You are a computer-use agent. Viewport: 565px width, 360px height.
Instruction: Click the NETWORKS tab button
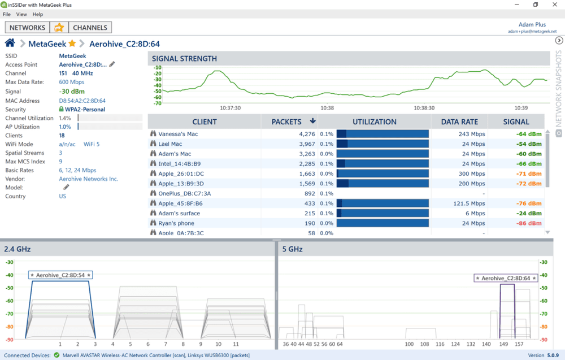coord(27,27)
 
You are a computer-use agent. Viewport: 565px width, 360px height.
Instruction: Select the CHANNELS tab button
coord(90,27)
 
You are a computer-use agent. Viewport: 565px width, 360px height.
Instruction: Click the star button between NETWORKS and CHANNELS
coord(59,27)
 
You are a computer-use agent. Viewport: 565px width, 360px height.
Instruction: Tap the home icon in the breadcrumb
coord(10,44)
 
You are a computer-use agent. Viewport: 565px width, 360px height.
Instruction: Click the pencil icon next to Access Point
coord(112,64)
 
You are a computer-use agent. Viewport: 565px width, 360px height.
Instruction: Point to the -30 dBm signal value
coord(72,92)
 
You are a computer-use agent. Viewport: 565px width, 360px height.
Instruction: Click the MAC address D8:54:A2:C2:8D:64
coord(82,101)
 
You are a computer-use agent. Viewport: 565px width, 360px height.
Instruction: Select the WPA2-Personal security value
coord(85,110)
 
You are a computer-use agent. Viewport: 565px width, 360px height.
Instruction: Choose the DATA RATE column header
coord(459,122)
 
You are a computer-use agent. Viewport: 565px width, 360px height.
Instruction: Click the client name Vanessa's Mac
coord(178,135)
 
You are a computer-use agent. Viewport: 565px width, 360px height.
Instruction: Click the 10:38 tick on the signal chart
coord(327,108)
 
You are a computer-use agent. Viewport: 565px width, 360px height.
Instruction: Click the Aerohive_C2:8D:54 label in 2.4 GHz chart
coord(60,275)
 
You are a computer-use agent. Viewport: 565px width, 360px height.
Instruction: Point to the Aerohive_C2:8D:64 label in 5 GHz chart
coord(506,278)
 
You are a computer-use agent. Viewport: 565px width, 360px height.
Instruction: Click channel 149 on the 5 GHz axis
coord(503,344)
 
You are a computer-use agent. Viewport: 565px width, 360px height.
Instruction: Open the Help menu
coord(38,14)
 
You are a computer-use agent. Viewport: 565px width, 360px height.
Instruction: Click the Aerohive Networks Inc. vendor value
coord(89,179)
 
